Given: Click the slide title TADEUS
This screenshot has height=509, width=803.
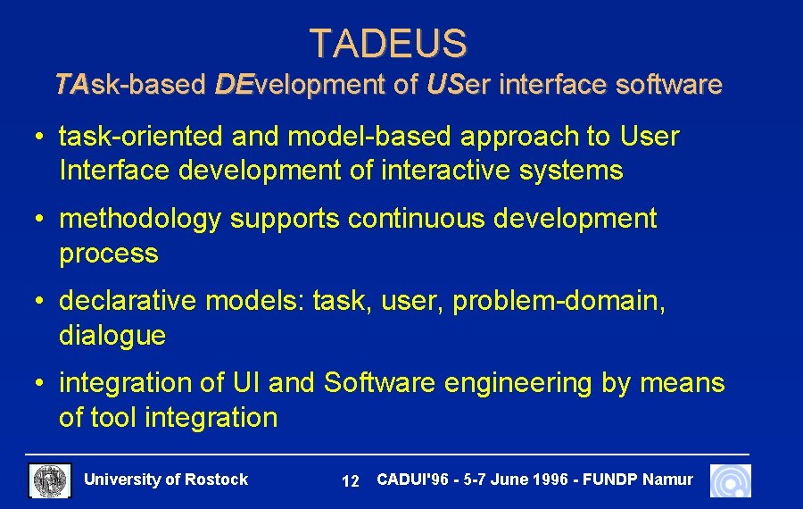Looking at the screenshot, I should point(388,43).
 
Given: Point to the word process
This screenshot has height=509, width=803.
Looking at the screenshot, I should point(108,254).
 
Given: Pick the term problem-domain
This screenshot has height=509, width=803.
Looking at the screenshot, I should point(559,302).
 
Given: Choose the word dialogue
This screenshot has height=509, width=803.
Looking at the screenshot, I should point(112,336).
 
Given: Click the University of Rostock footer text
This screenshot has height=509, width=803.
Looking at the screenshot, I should point(165,480).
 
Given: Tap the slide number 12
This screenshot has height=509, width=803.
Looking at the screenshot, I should point(351,481).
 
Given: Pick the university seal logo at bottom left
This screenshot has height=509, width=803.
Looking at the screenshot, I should point(50,480).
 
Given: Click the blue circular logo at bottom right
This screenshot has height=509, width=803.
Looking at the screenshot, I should point(730,480).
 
